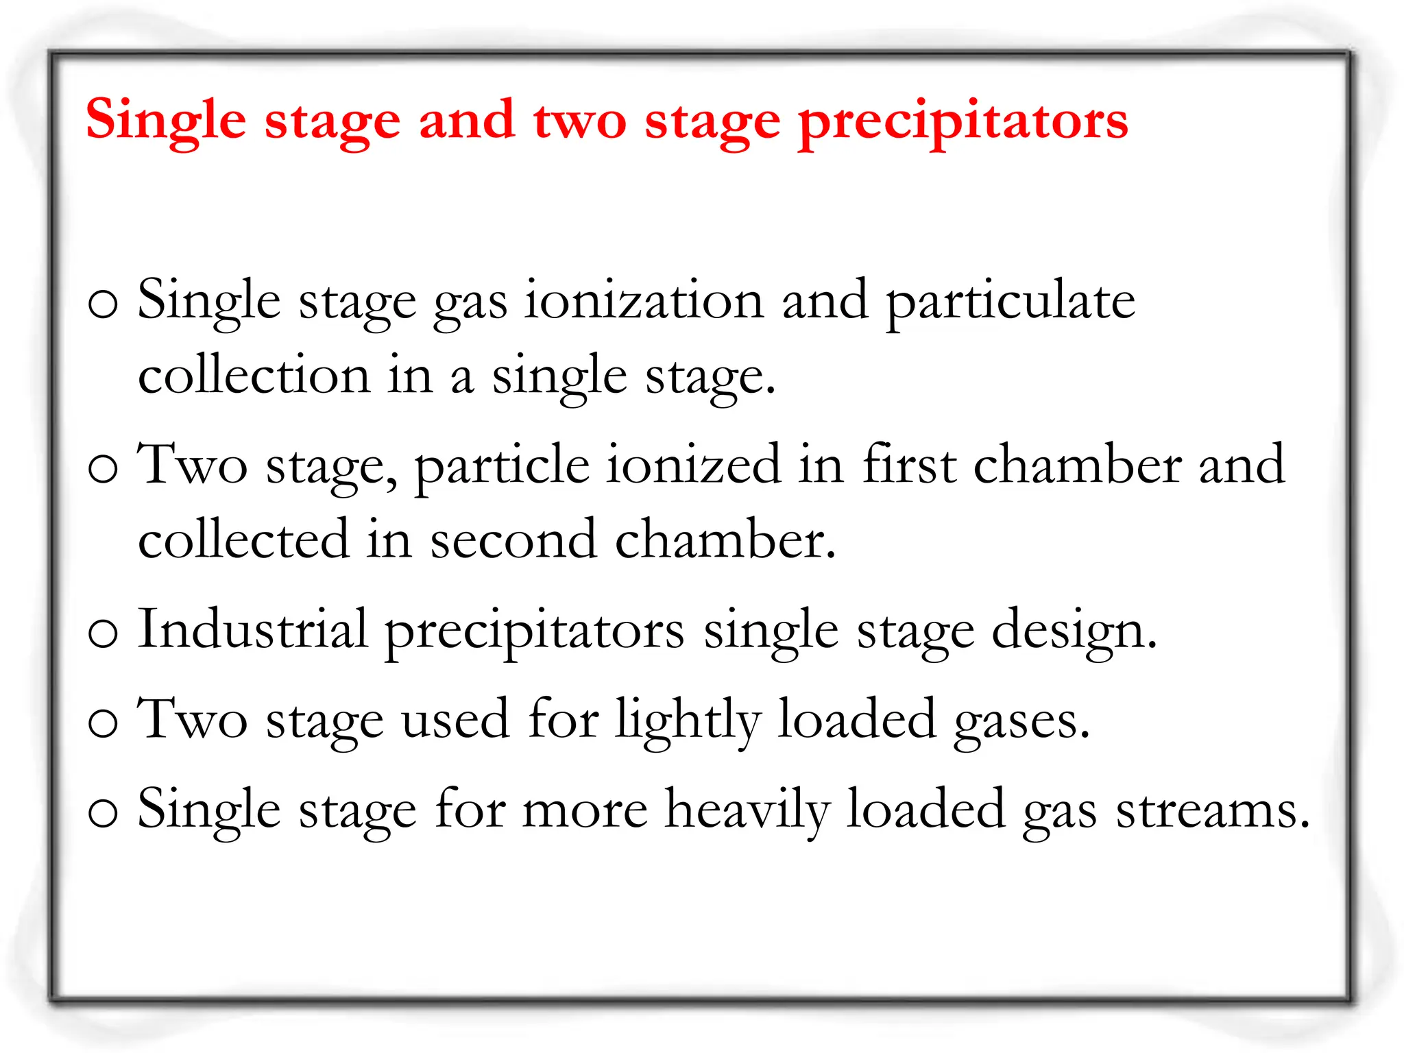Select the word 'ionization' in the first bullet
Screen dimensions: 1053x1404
click(x=644, y=302)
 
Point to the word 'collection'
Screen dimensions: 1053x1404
click(x=254, y=376)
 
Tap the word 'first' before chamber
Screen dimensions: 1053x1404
click(x=908, y=464)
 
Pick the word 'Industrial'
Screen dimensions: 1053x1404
click(x=253, y=629)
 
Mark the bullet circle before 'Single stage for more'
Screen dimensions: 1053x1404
click(x=104, y=813)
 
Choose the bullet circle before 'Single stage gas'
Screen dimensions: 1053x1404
click(x=104, y=304)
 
